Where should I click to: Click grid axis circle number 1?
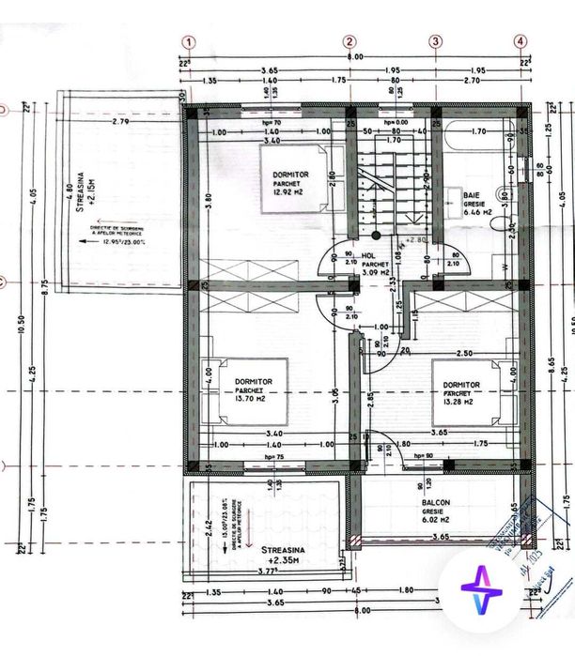(189, 41)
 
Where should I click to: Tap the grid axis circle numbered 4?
(521, 41)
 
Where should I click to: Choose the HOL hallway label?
(368, 252)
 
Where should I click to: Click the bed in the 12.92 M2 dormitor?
(293, 179)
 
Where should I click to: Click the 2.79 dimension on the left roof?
(119, 122)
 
